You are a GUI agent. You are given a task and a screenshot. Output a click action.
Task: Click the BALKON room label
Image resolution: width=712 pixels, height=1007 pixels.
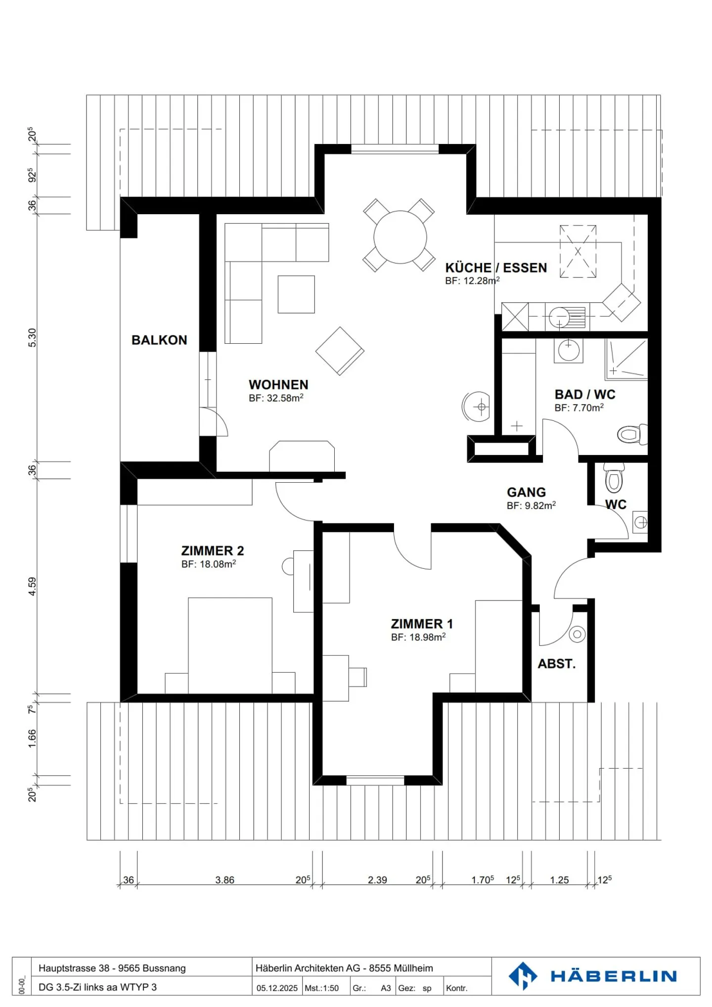click(x=159, y=340)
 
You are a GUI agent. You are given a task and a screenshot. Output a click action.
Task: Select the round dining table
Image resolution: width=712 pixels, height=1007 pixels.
click(x=400, y=237)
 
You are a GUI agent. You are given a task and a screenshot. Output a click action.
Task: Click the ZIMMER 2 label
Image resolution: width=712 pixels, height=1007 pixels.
click(x=213, y=550)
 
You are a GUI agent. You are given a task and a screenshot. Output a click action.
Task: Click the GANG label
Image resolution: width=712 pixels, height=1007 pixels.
click(x=527, y=492)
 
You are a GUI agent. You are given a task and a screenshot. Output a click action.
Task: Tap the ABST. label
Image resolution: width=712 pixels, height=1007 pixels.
click(x=557, y=664)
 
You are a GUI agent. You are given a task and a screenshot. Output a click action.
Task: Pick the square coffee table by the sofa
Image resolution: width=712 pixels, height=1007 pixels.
click(x=296, y=294)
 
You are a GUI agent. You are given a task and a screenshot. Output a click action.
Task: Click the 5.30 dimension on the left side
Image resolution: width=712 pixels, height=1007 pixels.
click(x=32, y=338)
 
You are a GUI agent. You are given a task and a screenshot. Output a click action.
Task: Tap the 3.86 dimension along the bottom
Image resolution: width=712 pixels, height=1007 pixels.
click(x=224, y=880)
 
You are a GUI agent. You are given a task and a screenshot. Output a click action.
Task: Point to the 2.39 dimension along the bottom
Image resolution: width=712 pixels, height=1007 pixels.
click(x=377, y=880)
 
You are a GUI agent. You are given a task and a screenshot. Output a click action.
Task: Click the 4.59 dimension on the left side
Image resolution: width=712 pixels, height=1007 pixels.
click(x=32, y=586)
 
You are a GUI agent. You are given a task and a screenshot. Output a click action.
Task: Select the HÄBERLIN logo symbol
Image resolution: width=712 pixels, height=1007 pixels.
click(x=523, y=976)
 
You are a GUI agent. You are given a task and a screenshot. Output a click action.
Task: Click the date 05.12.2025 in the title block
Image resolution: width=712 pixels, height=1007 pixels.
click(x=277, y=988)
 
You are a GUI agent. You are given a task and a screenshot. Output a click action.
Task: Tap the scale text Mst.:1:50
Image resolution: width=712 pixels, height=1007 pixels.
click(x=321, y=988)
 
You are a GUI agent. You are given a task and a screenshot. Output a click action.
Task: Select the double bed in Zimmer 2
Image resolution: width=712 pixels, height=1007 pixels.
click(x=230, y=645)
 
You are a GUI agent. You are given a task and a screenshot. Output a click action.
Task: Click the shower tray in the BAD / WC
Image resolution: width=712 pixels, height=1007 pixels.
click(x=626, y=359)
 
